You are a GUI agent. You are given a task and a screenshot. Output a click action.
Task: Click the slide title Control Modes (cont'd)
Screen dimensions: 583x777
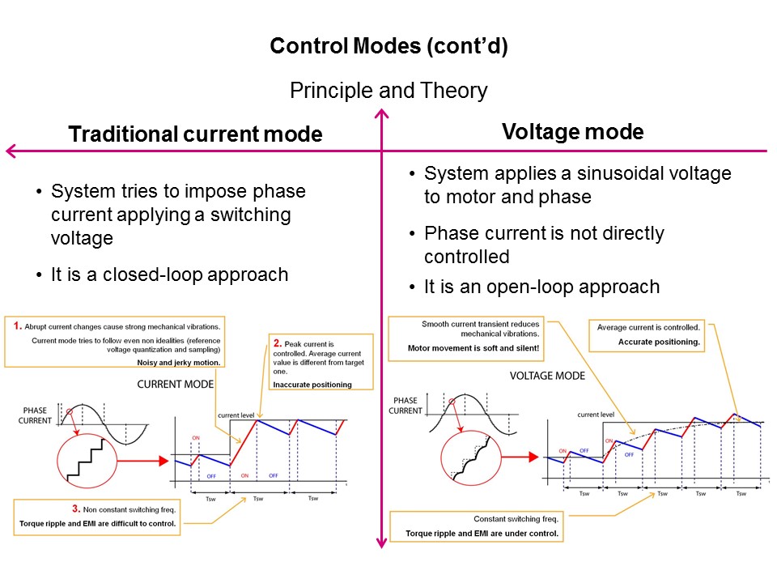(x=388, y=46)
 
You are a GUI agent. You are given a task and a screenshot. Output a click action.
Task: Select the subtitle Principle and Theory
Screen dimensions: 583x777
(x=388, y=90)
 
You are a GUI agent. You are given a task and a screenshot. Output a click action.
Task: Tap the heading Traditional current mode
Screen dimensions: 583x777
(x=195, y=134)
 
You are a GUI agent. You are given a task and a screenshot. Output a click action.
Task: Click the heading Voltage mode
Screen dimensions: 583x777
(x=573, y=132)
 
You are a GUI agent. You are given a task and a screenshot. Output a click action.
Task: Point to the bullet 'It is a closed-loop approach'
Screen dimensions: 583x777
(x=169, y=274)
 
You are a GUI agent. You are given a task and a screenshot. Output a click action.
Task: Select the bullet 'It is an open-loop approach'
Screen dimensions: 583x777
(x=541, y=287)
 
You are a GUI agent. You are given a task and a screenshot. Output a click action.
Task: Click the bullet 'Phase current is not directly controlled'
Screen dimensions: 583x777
(x=543, y=245)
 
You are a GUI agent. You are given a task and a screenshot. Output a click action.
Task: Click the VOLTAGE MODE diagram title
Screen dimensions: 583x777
(x=548, y=376)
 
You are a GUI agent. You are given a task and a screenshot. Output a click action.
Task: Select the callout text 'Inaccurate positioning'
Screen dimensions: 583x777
(x=312, y=385)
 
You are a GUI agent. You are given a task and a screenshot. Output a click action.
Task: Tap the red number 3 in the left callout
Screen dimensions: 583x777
(x=75, y=509)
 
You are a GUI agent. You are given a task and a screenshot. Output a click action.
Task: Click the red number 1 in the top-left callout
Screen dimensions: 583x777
(x=18, y=325)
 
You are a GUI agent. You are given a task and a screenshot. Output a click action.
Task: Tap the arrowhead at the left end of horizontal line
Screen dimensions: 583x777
(x=10, y=151)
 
